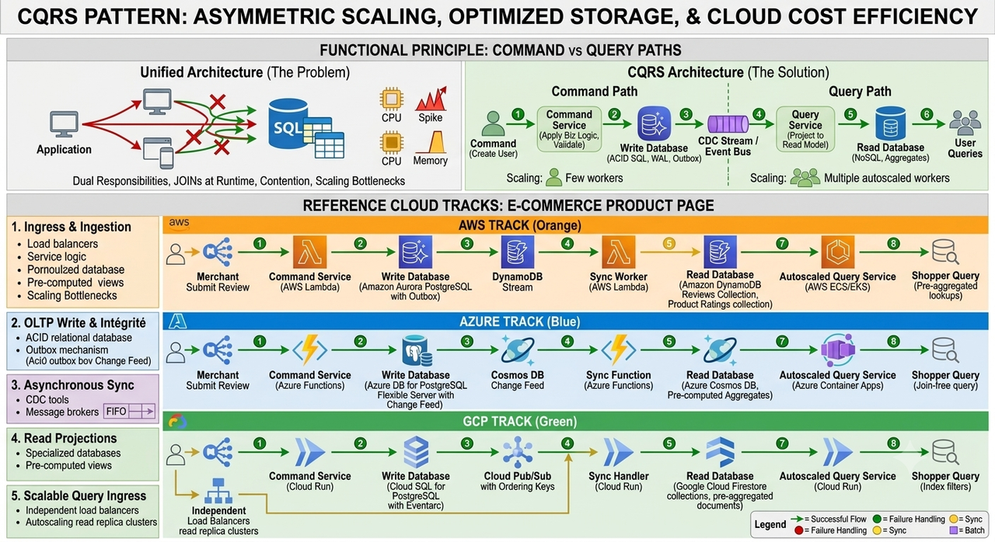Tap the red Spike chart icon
click(431, 99)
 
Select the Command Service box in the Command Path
click(569, 129)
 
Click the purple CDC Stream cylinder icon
click(728, 124)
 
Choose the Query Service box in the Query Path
click(805, 129)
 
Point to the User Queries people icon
click(965, 123)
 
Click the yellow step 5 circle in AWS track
click(669, 244)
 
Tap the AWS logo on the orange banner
click(179, 224)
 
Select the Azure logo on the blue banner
click(178, 321)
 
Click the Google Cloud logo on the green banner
click(177, 421)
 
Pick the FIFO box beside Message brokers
click(129, 411)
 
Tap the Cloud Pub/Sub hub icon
click(518, 452)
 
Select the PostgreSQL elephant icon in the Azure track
click(416, 350)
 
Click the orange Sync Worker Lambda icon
click(618, 252)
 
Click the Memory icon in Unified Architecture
click(431, 142)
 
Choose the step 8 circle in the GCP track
click(893, 443)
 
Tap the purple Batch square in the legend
click(953, 530)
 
